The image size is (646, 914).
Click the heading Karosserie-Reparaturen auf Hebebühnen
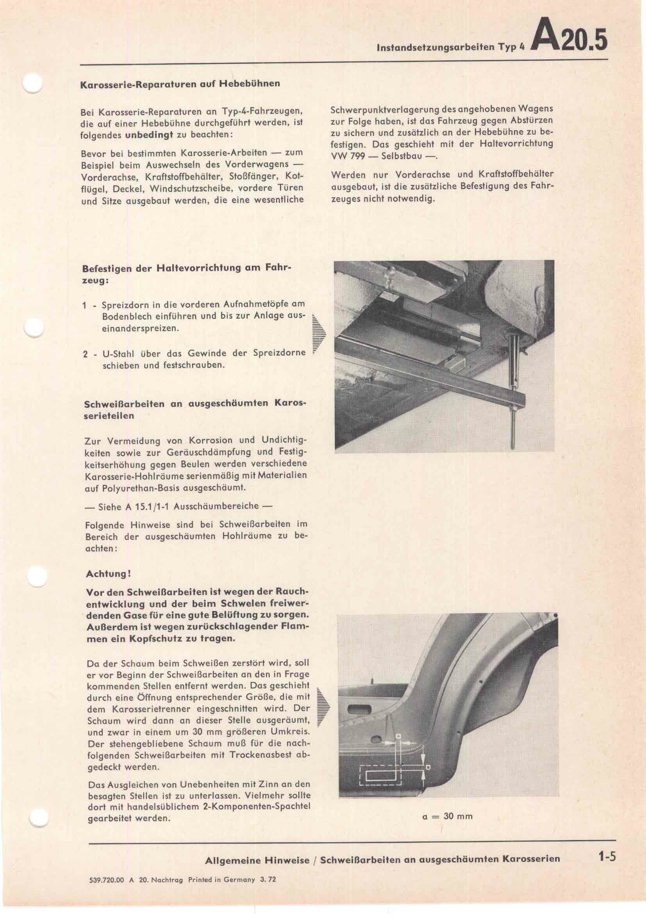180,84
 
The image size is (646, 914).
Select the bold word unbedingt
149,134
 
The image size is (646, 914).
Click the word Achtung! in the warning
109,574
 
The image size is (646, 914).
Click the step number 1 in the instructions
84,306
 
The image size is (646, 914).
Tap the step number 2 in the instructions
85,354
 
